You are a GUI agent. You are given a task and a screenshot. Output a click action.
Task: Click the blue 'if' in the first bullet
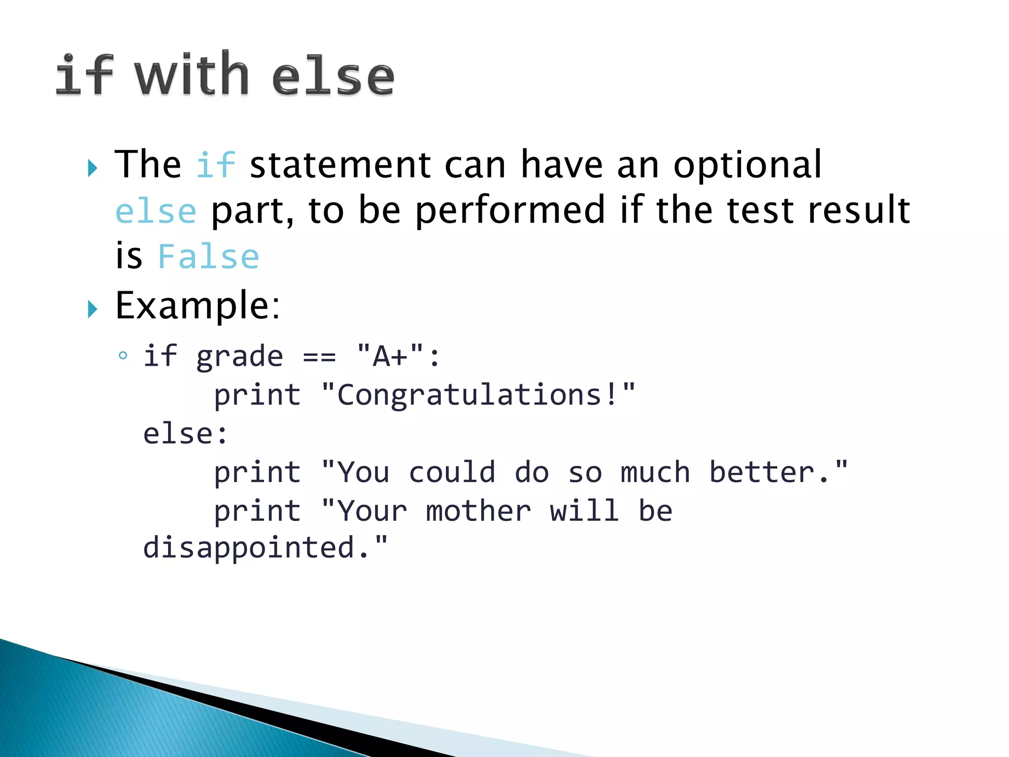pyautogui.click(x=216, y=165)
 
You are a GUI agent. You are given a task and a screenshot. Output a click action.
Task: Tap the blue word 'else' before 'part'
pyautogui.click(x=156, y=211)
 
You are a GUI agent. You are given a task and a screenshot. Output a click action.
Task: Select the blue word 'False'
pyautogui.click(x=208, y=257)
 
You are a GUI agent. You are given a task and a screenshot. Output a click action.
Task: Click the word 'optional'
pyautogui.click(x=747, y=165)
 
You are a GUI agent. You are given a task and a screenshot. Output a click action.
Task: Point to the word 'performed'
pyautogui.click(x=510, y=211)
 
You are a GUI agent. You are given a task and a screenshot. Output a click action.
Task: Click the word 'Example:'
pyautogui.click(x=198, y=306)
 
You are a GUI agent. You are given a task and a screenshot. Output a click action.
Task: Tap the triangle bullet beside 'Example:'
pyautogui.click(x=92, y=310)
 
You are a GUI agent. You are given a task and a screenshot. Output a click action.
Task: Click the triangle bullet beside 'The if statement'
pyautogui.click(x=92, y=169)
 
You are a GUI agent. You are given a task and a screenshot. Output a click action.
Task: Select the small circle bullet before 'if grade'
pyautogui.click(x=123, y=355)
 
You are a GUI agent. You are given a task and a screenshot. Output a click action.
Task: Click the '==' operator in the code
pyautogui.click(x=319, y=357)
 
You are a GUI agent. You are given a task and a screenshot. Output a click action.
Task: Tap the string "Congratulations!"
pyautogui.click(x=478, y=395)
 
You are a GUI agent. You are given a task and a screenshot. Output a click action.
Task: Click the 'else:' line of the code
pyautogui.click(x=185, y=434)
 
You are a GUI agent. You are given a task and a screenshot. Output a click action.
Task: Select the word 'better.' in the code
pyautogui.click(x=777, y=472)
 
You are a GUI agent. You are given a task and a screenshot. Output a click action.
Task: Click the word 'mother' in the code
pyautogui.click(x=478, y=511)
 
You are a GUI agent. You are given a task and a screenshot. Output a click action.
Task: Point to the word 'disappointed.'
pyautogui.click(x=265, y=548)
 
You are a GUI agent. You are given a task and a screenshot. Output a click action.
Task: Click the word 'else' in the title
pyautogui.click(x=333, y=76)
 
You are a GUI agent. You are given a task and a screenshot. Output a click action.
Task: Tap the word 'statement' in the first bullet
pyautogui.click(x=340, y=165)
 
